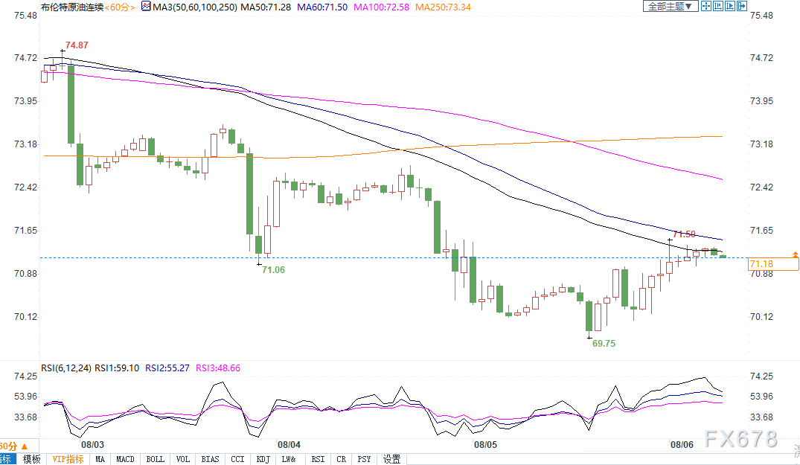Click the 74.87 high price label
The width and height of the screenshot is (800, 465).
77,45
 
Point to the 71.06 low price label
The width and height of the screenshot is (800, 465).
273,269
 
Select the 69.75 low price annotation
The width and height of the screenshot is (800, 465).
604,344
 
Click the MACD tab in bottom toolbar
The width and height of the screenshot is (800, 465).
125,460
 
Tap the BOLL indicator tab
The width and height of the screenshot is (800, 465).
155,460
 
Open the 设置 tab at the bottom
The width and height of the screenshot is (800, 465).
391,460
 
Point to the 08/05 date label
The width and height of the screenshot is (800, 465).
485,444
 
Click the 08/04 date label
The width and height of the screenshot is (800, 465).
289,444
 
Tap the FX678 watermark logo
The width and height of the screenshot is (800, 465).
740,438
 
